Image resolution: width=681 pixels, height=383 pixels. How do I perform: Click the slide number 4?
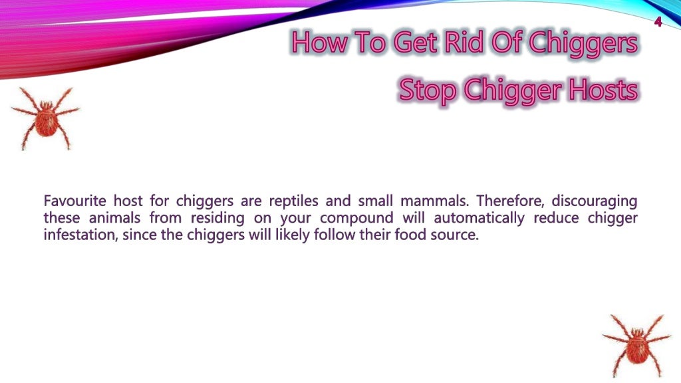coord(658,21)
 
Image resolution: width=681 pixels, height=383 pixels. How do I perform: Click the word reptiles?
coord(294,200)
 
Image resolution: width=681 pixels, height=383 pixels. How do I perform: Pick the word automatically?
coord(479,217)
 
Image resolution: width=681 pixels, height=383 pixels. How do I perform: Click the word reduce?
coord(556,217)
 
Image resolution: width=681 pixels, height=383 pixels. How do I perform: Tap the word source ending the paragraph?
coord(455,235)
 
